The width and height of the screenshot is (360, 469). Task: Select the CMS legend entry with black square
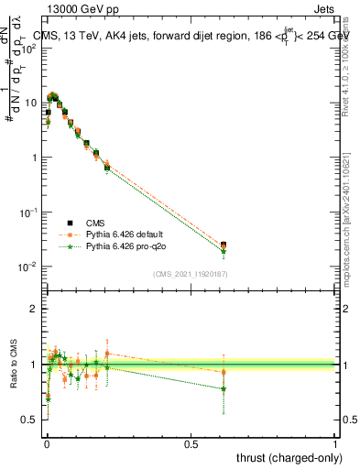95,222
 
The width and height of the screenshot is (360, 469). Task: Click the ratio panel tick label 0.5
30,420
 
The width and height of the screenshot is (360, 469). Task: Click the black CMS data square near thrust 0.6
224,245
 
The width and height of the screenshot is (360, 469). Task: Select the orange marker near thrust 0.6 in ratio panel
224,372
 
